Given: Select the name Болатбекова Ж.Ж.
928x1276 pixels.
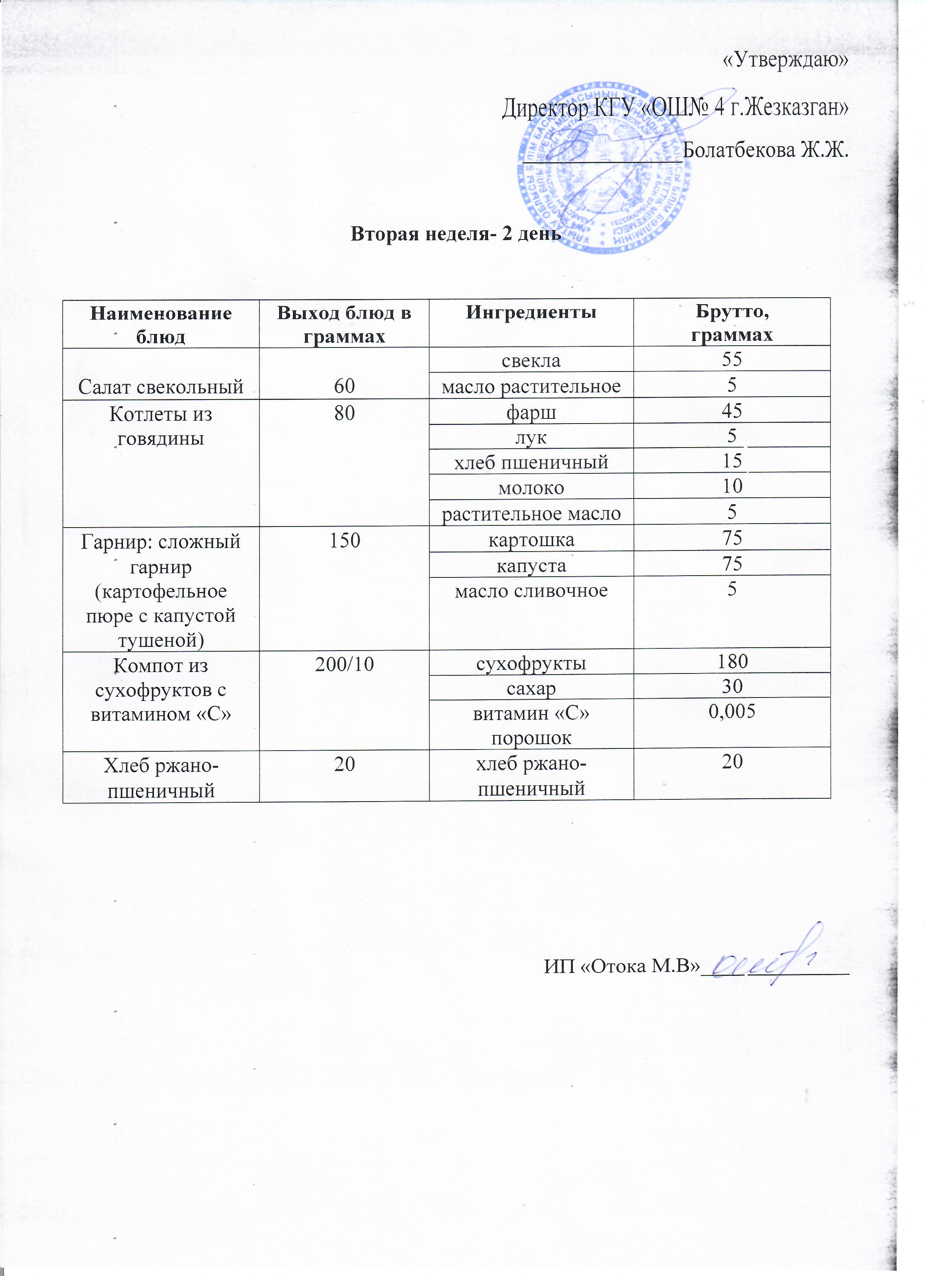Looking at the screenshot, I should (765, 150).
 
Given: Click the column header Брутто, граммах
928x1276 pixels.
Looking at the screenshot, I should (731, 323).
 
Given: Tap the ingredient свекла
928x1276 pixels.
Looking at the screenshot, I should (531, 360).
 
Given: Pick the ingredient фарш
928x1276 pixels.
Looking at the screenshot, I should (531, 412).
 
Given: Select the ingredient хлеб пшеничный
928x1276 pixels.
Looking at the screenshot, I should (531, 462).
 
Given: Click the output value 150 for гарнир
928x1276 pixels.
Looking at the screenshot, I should (344, 541).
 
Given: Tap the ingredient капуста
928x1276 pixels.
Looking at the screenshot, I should (531, 565).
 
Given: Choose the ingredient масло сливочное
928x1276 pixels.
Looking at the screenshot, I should (531, 591).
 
